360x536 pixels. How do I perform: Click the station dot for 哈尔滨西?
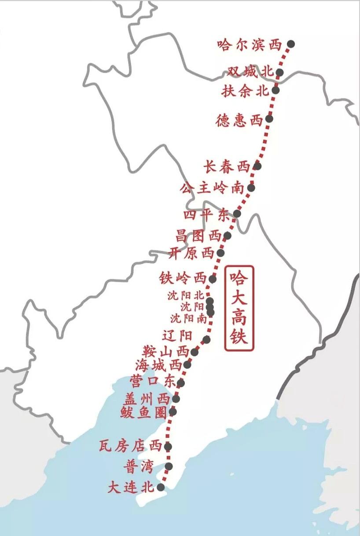290,44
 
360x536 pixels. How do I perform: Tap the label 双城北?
250,72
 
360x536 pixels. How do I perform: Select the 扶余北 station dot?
276,90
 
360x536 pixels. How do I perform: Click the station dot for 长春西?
258,166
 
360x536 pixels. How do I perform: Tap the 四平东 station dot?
237,214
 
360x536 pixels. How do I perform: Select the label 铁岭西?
183,279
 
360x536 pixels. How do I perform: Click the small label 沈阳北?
186,296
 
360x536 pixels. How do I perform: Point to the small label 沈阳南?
188,317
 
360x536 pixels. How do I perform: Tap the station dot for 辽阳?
207,339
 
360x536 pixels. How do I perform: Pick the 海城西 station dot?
187,365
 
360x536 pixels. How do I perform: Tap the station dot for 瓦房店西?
168,447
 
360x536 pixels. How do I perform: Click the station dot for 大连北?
161,487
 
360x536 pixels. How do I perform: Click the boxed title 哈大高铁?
239,308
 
